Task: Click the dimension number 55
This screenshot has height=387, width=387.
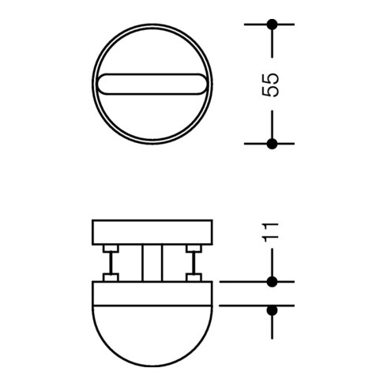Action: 270,85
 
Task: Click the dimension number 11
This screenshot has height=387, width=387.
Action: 270,232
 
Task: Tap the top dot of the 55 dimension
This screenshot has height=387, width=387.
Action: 272,24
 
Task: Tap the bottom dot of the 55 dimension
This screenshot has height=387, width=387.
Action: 272,144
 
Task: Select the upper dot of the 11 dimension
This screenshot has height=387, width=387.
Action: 272,282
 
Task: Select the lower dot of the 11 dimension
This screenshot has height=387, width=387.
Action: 272,310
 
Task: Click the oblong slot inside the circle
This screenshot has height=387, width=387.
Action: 152,84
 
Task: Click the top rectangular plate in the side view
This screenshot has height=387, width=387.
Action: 152,232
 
